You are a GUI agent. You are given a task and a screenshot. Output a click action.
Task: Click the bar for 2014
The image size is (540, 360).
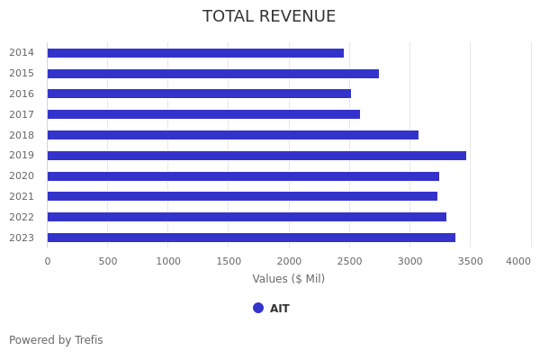tap(195, 53)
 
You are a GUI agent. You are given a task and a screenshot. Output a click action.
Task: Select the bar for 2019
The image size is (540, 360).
tap(256, 156)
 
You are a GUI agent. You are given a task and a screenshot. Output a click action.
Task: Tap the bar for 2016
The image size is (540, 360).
tap(199, 94)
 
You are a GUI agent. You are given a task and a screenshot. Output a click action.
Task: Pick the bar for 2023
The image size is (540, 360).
tap(251, 238)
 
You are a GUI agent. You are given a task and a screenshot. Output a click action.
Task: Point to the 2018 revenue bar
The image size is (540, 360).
tap(232, 135)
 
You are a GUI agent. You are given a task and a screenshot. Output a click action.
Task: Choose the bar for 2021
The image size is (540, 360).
tap(242, 196)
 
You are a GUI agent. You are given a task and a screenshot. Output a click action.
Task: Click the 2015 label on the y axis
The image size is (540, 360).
tap(22, 74)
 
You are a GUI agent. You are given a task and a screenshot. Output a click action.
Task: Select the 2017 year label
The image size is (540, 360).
tap(22, 114)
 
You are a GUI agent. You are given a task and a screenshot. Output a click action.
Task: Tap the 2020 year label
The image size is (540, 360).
tap(22, 176)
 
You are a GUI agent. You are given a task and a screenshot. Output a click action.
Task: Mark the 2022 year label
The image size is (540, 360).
tap(22, 217)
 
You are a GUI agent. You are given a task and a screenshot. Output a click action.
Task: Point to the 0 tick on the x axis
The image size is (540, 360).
tap(48, 261)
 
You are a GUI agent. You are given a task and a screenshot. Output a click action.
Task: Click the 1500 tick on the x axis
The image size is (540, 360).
tap(229, 261)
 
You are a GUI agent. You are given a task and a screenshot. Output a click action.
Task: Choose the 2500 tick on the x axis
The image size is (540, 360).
tap(349, 261)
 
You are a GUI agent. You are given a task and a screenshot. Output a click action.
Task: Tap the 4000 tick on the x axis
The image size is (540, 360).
tap(518, 261)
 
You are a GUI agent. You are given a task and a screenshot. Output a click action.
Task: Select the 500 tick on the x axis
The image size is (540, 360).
tap(108, 261)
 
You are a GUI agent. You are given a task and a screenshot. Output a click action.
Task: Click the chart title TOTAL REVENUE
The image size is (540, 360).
tap(269, 17)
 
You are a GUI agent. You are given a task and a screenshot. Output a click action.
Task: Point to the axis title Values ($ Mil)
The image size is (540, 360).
tap(288, 279)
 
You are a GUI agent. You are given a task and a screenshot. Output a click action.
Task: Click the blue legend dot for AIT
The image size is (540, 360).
tap(258, 308)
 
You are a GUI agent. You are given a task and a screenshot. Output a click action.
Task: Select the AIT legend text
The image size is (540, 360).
tap(280, 309)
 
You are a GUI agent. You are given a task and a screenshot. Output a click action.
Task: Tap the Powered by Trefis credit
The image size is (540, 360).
tap(56, 340)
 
